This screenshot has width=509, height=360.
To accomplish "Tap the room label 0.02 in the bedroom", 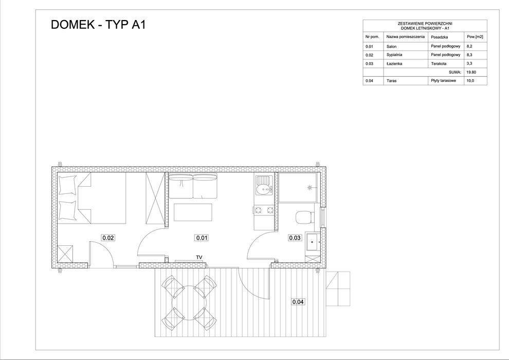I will pos(108,238).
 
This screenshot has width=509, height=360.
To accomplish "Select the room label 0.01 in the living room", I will pos(202,238).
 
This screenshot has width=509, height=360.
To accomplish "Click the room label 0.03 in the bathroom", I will pos(295,238).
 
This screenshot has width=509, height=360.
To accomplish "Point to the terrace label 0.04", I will pos(298,302).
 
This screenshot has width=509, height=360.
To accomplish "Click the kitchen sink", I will pos(264,189).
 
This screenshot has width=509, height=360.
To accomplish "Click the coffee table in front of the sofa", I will pos(193,213).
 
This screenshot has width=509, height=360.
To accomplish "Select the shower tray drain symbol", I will pos(310,188).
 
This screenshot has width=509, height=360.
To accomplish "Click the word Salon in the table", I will pos(392,46).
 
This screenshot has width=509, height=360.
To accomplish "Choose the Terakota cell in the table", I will pos(439,63).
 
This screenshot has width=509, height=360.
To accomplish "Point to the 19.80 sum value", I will pos(470,73).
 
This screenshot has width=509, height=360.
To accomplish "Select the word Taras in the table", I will pos(392,81).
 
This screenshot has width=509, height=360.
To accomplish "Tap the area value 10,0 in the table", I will pos(469,81).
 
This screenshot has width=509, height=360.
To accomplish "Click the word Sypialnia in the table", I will pos(394,55).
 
